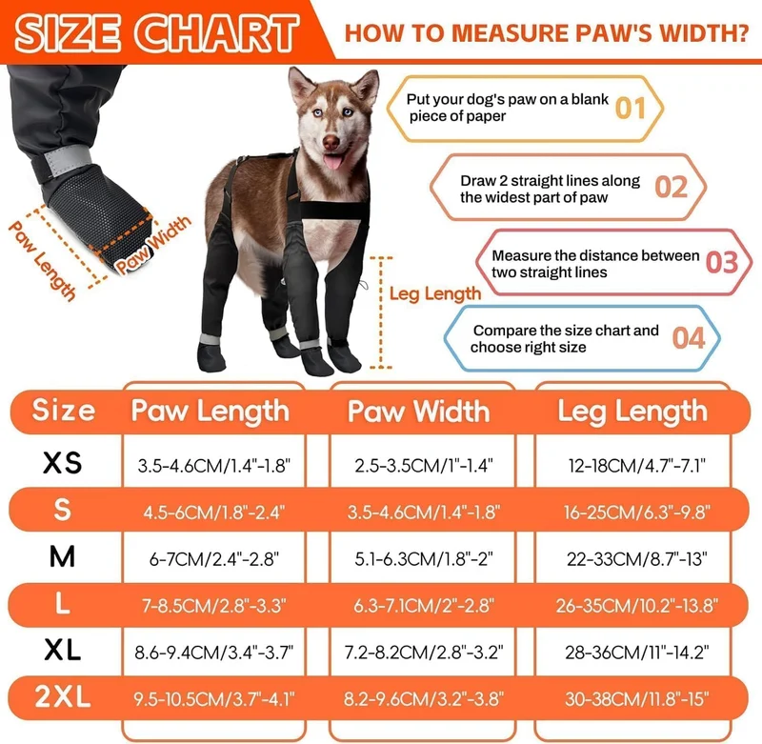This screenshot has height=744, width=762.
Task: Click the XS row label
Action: point(62,462)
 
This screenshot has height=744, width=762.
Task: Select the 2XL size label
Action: point(63,697)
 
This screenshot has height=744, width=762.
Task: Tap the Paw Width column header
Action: point(418,412)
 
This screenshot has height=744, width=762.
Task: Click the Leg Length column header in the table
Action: point(632,412)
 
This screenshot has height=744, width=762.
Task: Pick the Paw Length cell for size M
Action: point(213,559)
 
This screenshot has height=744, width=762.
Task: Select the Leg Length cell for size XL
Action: point(636,653)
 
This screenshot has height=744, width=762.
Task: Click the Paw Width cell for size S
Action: point(423,513)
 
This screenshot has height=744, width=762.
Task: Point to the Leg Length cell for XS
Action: point(636,466)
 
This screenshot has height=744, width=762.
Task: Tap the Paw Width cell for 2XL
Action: point(423,699)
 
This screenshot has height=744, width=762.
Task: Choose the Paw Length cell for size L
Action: point(213,606)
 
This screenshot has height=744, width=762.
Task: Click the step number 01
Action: point(630,108)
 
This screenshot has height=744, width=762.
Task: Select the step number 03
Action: point(722,262)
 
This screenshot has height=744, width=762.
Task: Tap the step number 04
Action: point(689,338)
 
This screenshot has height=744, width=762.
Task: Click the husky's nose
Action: point(331,142)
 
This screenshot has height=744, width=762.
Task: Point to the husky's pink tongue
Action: point(333,161)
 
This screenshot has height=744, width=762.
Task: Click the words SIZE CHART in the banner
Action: point(156,33)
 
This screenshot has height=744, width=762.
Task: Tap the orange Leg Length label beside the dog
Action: point(435,294)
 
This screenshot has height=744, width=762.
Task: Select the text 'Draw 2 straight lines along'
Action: point(551,181)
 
